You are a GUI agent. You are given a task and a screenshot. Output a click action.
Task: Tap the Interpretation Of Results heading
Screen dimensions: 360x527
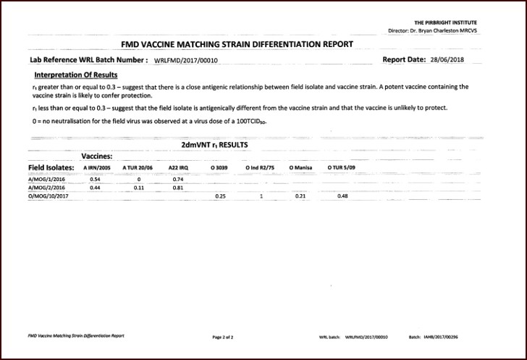(76, 75)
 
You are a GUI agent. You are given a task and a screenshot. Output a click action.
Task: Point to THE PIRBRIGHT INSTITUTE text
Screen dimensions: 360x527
(445, 23)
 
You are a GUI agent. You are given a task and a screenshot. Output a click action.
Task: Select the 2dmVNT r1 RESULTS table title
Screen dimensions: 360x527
(214, 145)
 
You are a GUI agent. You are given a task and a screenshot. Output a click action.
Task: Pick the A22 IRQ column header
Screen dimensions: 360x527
(179, 167)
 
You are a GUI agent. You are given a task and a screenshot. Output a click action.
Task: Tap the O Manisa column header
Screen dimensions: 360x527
(300, 167)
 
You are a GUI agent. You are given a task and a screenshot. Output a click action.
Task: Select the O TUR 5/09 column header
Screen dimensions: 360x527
(342, 167)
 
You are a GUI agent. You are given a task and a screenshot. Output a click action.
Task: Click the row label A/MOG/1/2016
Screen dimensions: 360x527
(46, 178)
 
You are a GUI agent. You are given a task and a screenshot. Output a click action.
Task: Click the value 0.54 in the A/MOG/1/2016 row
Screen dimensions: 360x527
(95, 178)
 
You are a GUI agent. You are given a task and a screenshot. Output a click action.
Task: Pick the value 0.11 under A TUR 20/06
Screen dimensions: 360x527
(139, 187)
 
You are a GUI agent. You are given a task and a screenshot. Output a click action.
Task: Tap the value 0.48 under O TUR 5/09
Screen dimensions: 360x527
(342, 196)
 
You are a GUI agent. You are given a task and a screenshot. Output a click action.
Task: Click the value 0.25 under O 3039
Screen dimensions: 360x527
(221, 196)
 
